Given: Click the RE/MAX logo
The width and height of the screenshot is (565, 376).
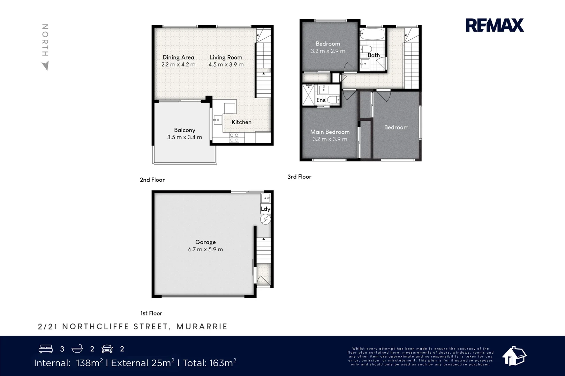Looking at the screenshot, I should [495, 25].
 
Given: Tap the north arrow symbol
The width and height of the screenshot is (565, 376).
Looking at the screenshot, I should [45, 66].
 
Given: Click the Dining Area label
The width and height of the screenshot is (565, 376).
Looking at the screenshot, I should [178, 57].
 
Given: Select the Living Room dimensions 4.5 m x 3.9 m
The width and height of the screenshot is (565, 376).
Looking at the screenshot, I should [226, 64].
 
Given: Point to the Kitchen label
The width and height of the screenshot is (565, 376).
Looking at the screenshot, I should [241, 122].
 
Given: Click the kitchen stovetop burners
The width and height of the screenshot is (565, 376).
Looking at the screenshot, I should [234, 137].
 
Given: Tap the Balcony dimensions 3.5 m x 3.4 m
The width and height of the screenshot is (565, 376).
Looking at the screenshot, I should [184, 137].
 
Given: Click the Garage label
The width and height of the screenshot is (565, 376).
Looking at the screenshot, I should [205, 242].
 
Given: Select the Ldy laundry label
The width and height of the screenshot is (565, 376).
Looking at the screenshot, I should [265, 209].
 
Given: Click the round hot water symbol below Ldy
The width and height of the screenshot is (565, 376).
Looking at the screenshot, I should [265, 219].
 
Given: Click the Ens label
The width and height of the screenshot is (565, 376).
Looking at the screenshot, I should [321, 100].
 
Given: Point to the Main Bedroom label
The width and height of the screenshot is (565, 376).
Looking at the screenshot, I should [330, 132].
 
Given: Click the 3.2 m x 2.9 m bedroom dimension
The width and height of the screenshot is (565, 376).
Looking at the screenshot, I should [328, 51].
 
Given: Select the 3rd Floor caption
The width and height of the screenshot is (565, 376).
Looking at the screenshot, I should [299, 177].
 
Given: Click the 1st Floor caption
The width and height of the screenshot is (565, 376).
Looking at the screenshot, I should [151, 313].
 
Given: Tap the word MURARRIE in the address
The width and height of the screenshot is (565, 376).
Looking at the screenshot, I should [202, 327].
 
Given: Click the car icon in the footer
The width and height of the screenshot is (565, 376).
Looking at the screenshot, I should [107, 349].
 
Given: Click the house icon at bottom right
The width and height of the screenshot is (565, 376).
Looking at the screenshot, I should [514, 356].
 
